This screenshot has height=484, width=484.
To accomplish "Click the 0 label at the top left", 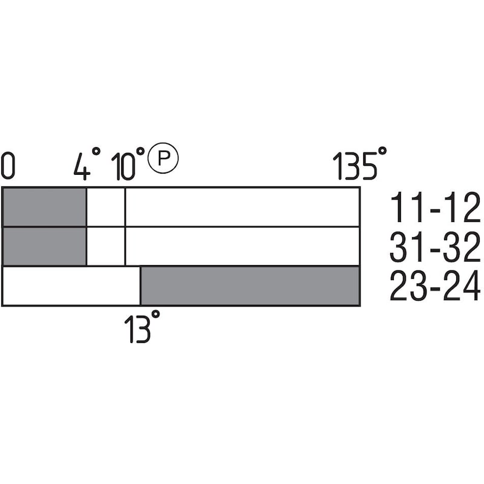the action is (8, 168).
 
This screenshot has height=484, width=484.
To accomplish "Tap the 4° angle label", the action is (87, 163).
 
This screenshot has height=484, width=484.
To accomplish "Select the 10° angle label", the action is (128, 164).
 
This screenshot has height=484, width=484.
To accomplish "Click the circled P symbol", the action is (163, 158).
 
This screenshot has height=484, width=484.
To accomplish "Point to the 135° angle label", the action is (359, 163).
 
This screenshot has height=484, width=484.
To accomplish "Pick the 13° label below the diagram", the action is (142, 327).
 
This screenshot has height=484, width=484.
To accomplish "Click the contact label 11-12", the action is (435, 207).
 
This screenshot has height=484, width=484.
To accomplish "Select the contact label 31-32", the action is (435, 247).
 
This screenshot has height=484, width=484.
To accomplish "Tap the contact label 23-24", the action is (435, 286).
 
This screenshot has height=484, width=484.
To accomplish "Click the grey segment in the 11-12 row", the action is (44, 207).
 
